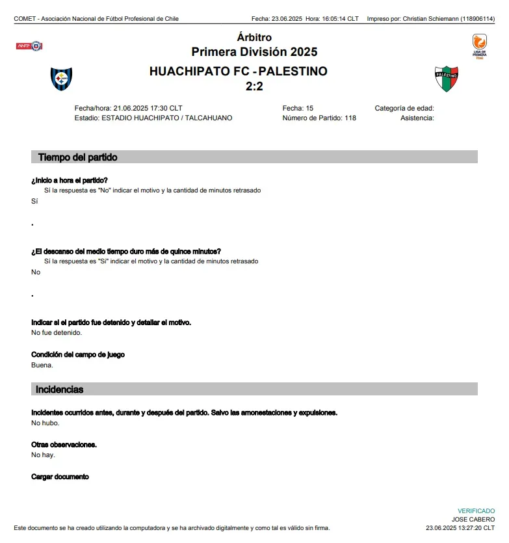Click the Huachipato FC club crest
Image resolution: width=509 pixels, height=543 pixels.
62,79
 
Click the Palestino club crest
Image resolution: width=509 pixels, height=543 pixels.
447,79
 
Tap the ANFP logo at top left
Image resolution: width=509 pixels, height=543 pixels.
29,46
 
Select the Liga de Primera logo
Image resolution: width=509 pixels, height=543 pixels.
480,47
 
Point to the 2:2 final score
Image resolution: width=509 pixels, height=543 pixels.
254,86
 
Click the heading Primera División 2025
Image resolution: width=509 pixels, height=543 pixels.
254,52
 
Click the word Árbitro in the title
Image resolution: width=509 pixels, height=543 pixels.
254,38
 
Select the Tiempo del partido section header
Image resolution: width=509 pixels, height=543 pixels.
78,157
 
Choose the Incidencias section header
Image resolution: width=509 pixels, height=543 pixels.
59,390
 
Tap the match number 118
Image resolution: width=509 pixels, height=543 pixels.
350,118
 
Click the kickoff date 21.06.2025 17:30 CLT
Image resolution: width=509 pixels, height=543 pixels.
148,108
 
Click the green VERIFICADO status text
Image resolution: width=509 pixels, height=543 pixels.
476,511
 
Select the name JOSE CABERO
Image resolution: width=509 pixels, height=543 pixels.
473,520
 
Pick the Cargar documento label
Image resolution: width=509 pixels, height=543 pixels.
60,477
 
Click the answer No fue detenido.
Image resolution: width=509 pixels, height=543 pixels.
57,333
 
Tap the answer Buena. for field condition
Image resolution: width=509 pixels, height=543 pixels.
42,365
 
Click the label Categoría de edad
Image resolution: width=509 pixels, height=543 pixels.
404,108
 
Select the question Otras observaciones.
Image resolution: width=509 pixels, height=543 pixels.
64,445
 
